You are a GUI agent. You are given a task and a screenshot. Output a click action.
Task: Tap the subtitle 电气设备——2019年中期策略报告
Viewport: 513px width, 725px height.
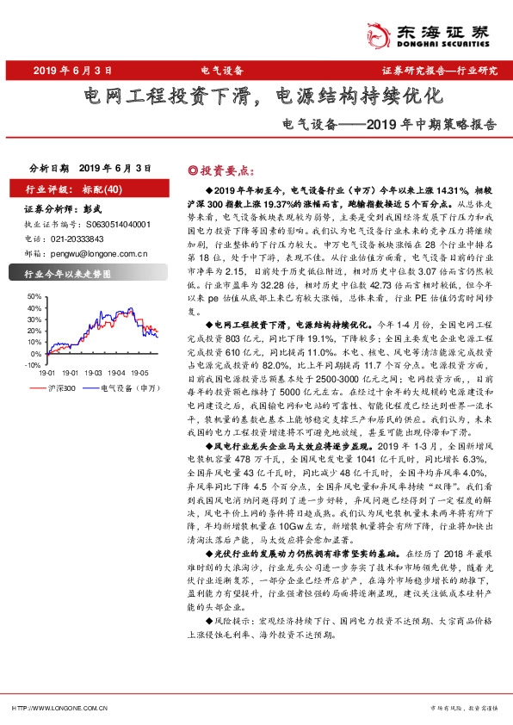390,123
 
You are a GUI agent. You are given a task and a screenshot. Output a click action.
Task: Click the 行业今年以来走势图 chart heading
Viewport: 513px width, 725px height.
69,275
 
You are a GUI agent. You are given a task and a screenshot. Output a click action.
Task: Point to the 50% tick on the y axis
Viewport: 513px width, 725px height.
34,295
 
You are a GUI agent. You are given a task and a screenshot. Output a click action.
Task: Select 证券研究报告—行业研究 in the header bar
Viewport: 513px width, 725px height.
438,70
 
